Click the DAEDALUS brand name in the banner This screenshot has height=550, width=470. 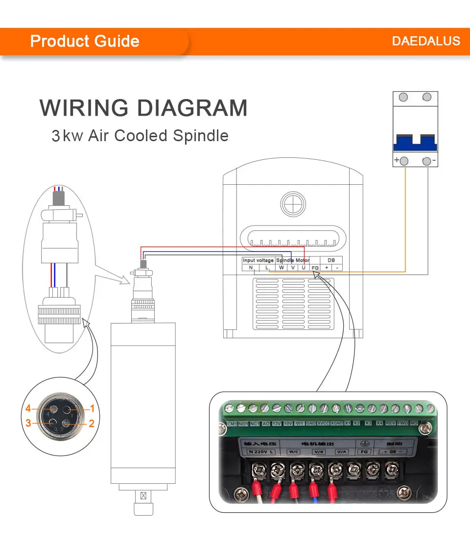pyautogui.click(x=426, y=41)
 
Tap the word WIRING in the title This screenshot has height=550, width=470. pyautogui.click(x=84, y=108)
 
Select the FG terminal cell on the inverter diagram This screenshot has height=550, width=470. pyautogui.click(x=315, y=268)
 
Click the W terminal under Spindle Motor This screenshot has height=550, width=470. pyautogui.click(x=281, y=268)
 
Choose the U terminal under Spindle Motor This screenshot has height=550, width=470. pyautogui.click(x=303, y=268)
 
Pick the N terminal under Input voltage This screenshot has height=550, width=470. pyautogui.click(x=251, y=268)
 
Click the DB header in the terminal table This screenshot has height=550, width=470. pyautogui.click(x=331, y=260)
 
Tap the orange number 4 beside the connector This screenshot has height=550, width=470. pyautogui.click(x=28, y=408)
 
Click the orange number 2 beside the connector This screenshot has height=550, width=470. pyautogui.click(x=91, y=424)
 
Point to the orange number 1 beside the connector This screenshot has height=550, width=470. pyautogui.click(x=91, y=408)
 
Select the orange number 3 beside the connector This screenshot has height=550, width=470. pyautogui.click(x=28, y=423)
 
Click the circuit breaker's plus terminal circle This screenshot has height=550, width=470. pyautogui.click(x=404, y=161)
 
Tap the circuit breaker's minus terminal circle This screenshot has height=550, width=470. pyautogui.click(x=427, y=161)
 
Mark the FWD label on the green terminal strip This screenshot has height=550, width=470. pyautogui.click(x=402, y=423)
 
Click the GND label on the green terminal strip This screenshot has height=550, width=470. pyautogui.click(x=311, y=423)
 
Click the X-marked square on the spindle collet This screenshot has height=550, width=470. pyautogui.click(x=143, y=496)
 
